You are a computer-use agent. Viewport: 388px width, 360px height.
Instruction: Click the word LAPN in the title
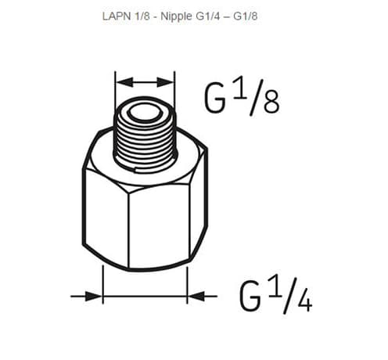tap(115, 16)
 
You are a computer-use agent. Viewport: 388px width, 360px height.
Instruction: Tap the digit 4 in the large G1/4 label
tap(304, 300)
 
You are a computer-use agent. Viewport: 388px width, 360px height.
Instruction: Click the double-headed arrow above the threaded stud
tap(145, 81)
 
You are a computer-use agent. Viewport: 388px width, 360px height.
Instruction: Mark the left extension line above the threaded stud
tap(116, 88)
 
